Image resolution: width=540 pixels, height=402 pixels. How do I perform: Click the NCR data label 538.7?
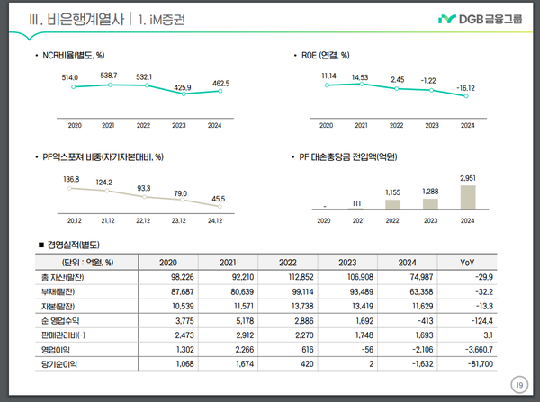[109, 75]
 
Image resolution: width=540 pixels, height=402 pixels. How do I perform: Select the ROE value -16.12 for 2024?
[467, 89]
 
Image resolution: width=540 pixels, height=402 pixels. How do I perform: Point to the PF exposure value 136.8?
[72, 180]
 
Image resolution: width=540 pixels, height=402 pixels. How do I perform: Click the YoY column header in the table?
[467, 263]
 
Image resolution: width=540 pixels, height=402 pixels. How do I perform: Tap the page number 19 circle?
[518, 385]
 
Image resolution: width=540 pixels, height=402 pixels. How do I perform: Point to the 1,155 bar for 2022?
[392, 204]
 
